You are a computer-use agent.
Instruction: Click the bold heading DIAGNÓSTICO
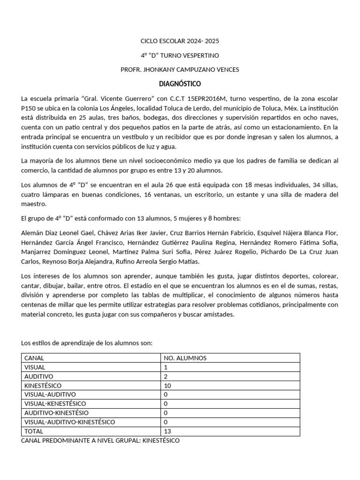coord(180,84)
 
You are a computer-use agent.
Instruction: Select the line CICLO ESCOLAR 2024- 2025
coord(180,41)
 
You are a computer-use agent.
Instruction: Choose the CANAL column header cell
coord(34,358)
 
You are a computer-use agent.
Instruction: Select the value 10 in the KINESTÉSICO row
coord(167,385)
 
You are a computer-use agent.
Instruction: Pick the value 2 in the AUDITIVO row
coord(165,376)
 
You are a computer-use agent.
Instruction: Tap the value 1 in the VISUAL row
coord(165,367)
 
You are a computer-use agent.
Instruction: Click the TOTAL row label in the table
coord(33,431)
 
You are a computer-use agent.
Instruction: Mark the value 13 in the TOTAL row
coord(167,431)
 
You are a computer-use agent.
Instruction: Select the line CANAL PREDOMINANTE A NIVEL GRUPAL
coord(100,441)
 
